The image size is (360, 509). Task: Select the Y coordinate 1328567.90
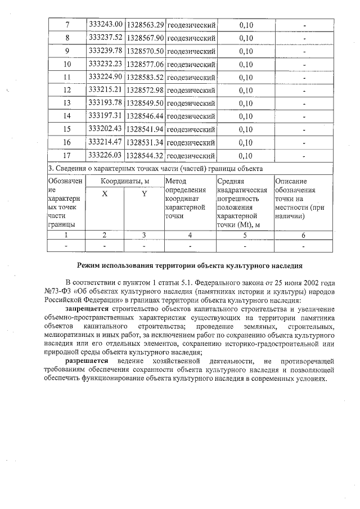click(145, 38)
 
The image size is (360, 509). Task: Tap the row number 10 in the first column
click(67, 64)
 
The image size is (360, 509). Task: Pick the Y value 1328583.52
click(145, 77)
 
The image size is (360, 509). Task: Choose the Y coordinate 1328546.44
click(145, 116)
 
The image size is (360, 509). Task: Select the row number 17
click(67, 155)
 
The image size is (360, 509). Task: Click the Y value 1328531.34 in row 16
click(145, 142)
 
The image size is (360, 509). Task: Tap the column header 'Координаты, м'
click(125, 182)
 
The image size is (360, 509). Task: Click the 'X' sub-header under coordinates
click(105, 194)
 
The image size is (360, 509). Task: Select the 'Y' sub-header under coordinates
click(144, 194)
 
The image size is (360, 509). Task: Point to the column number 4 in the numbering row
click(190, 235)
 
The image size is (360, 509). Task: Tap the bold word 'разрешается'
click(87, 359)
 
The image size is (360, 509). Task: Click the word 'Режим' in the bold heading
click(89, 264)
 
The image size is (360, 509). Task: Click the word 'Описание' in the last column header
click(291, 182)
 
